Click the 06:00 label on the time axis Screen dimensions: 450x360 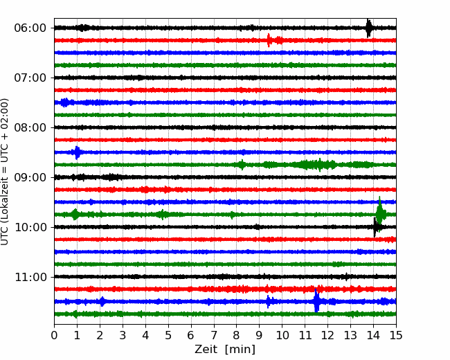coord(30,28)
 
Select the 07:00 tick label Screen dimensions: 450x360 coord(30,78)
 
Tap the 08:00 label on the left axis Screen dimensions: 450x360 coord(30,127)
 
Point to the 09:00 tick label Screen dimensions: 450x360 coord(30,177)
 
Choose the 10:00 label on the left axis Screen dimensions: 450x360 coord(30,227)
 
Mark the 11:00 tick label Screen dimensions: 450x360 coord(30,277)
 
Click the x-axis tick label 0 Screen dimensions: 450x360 coord(54,335)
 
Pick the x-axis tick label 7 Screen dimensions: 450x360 coord(214,335)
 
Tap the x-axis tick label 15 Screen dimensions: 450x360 coord(396,335)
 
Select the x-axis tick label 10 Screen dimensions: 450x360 coord(282,335)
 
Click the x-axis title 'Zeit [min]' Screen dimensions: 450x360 coord(225,350)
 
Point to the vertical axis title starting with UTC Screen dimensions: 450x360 coord(5,172)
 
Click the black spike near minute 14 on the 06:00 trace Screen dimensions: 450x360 coord(369,28)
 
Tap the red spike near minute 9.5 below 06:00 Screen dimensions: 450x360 coord(269,40)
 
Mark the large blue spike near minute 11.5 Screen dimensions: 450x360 coord(316,301)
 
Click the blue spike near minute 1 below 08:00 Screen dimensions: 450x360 coord(77,152)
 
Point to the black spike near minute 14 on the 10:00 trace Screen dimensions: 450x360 coord(375,227)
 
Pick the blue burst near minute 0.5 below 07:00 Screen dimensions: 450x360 coord(65,102)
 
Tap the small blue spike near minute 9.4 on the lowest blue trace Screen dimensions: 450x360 coord(268,301)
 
